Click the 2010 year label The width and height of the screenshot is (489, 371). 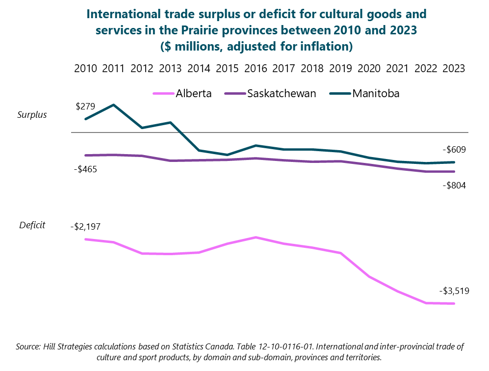pos(85,68)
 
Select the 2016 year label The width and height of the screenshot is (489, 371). pos(255,68)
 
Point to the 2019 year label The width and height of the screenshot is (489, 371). pos(340,68)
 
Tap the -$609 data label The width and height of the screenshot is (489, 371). pos(454,150)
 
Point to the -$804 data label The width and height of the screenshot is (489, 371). pos(454,185)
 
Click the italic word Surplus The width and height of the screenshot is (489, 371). pos(32,115)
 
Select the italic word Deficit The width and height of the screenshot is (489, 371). pos(32,225)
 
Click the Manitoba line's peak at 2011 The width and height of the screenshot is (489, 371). pos(114,105)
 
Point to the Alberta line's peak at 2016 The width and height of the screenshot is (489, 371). pos(256,237)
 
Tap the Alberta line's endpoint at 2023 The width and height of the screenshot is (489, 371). pos(454,304)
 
